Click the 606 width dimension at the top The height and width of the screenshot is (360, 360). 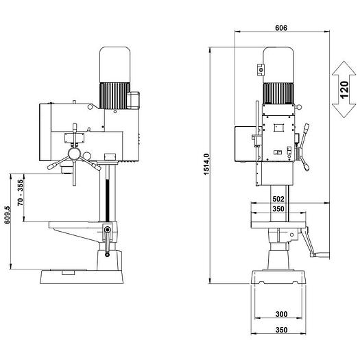[280, 27]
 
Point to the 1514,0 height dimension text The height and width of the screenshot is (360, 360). [206, 165]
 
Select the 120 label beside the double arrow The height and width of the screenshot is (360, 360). [345, 89]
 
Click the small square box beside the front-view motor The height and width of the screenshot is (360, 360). [261, 69]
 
